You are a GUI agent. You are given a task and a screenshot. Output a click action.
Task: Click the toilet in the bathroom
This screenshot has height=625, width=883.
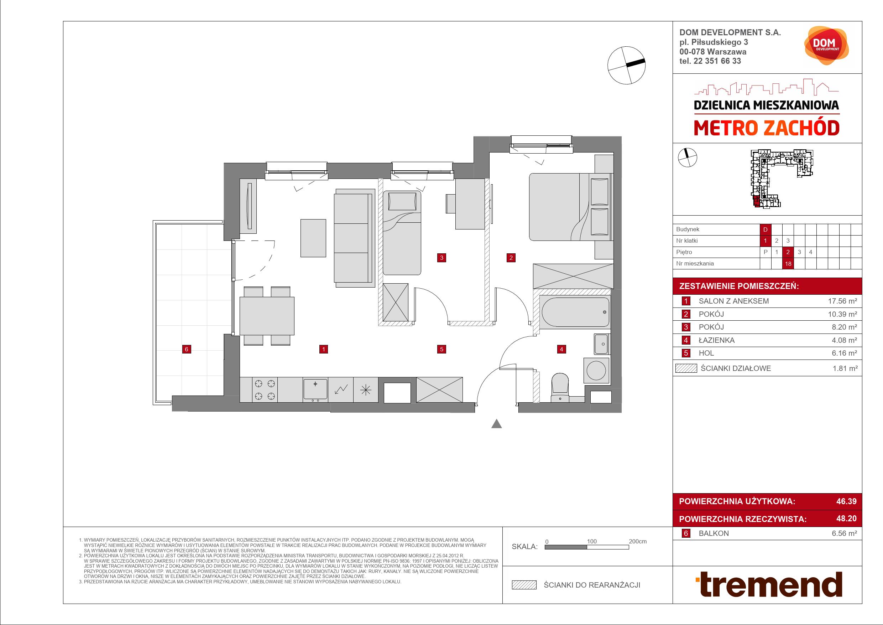click(x=560, y=388)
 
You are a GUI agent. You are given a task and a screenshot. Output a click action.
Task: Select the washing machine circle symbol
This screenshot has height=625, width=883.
click(x=596, y=371)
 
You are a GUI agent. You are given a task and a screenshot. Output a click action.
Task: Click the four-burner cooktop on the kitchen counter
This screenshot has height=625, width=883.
click(x=265, y=389)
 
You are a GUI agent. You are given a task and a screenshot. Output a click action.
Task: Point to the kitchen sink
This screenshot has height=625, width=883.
click(x=315, y=389)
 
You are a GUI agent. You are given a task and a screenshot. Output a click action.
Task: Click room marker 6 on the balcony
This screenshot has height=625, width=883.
click(x=187, y=349)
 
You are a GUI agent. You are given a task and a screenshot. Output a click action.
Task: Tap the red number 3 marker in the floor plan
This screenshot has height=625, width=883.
click(x=441, y=258)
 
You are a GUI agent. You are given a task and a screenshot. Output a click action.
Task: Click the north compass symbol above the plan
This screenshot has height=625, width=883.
click(x=626, y=65)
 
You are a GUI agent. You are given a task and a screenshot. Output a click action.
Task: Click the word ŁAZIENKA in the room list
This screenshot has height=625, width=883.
click(x=716, y=340)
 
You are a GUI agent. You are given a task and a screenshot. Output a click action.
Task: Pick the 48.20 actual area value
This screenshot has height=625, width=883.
click(x=846, y=518)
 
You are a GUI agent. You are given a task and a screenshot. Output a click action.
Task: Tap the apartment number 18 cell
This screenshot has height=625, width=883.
click(x=788, y=264)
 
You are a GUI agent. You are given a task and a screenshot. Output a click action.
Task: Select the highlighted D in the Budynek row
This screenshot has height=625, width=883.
click(x=765, y=229)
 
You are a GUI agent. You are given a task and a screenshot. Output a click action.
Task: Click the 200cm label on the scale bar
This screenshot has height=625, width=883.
click(x=638, y=541)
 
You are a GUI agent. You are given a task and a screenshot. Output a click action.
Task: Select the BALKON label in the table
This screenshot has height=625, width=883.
click(x=714, y=533)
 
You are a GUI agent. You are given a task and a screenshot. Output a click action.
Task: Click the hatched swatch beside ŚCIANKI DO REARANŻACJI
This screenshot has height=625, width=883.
click(x=524, y=585)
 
